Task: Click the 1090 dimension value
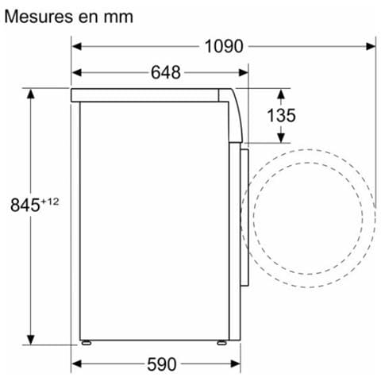point(223,46)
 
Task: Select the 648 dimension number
point(165,73)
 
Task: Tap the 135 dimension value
point(280,115)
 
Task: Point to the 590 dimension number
point(161,364)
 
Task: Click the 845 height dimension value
point(25,205)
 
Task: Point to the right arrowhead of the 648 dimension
point(244,73)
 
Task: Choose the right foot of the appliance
point(222,344)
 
